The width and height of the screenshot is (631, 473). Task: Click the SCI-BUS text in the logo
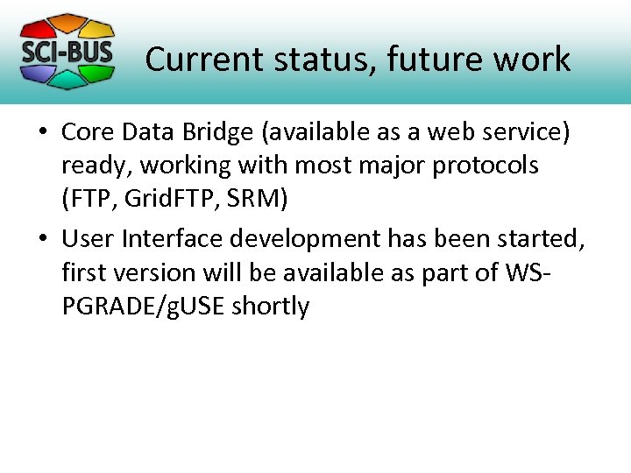pos(67,51)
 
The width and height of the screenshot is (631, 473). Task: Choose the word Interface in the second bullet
pos(173,238)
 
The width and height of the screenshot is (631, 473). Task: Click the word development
pos(306,238)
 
